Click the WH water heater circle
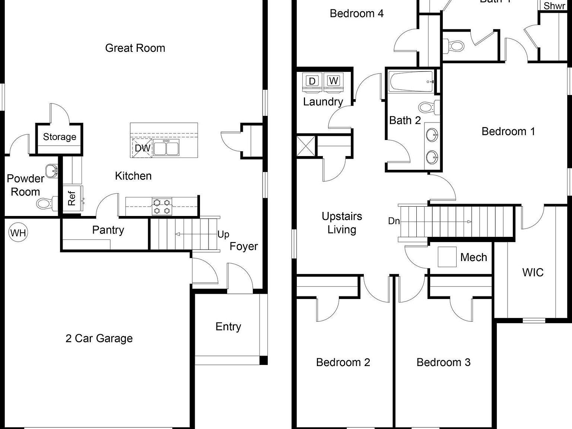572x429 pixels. click(18, 233)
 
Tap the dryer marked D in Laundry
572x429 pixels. click(312, 81)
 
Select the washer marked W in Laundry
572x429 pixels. click(334, 81)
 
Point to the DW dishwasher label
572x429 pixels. click(142, 148)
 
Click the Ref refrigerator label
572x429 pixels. click(72, 198)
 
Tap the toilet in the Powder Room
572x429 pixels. click(44, 203)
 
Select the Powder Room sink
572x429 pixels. click(52, 171)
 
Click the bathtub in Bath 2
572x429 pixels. click(411, 82)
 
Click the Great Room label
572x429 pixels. click(135, 48)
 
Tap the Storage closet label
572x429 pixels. click(60, 137)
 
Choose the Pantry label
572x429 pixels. click(108, 230)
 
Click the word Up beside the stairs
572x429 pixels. click(223, 234)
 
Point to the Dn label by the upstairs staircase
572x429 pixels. click(394, 221)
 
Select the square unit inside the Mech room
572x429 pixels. click(447, 257)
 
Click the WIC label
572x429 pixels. click(533, 272)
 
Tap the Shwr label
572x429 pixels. click(554, 6)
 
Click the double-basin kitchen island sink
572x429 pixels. click(166, 148)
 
